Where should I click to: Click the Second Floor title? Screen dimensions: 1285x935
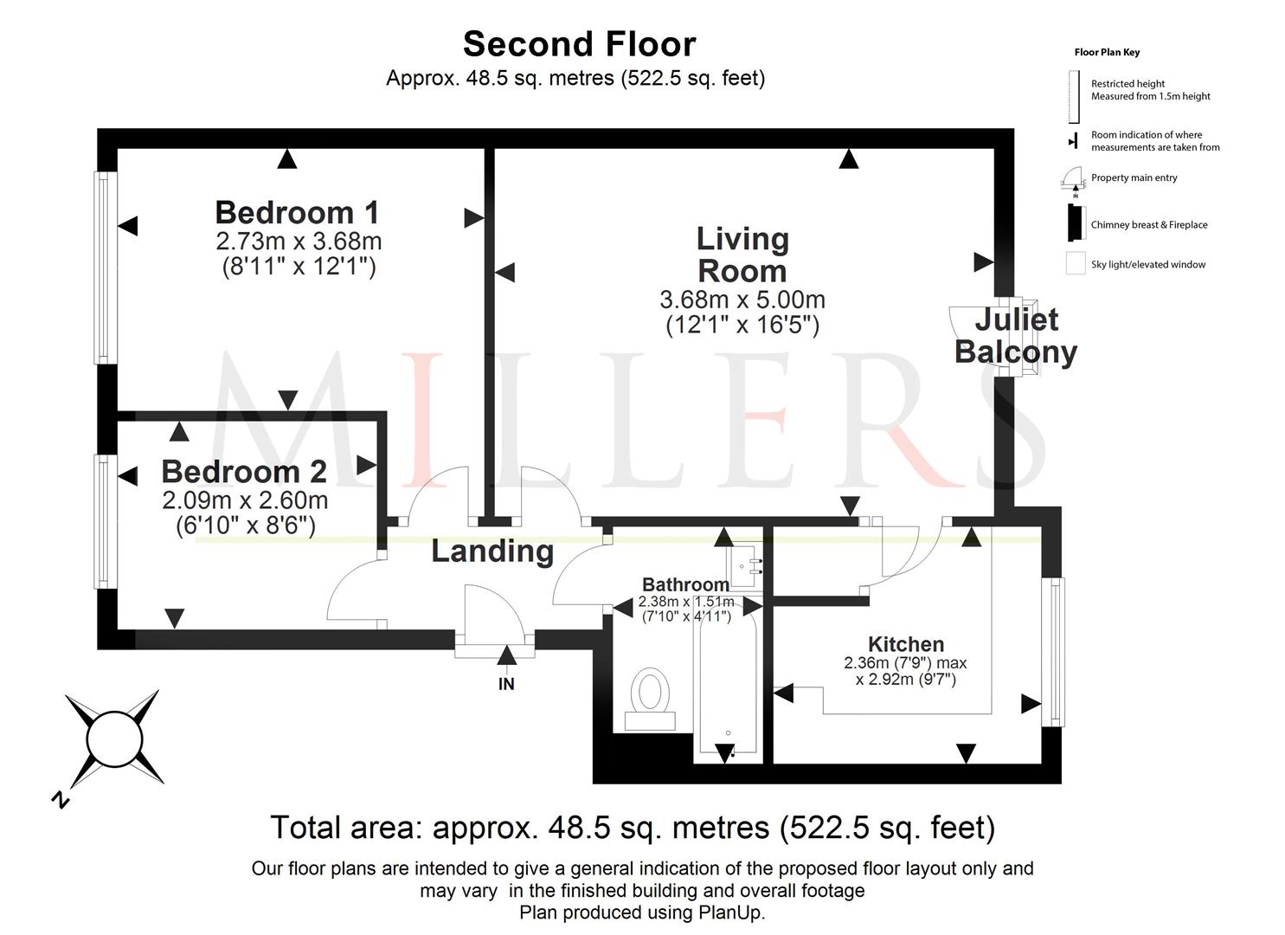click(580, 44)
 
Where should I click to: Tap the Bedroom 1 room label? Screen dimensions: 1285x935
click(297, 213)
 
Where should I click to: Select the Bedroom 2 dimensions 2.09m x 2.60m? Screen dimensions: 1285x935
click(245, 500)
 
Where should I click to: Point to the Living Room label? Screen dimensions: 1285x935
click(742, 255)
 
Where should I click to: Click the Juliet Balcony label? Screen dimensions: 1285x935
click(1016, 336)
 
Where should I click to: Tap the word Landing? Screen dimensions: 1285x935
click(492, 551)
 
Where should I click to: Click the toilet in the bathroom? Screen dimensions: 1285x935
click(650, 698)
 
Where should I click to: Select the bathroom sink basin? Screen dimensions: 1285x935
click(743, 566)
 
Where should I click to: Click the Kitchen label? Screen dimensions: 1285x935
click(906, 644)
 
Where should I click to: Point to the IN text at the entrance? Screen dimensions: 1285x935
click(506, 684)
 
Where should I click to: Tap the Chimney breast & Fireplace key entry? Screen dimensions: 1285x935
click(1149, 225)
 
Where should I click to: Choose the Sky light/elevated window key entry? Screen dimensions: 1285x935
click(1148, 265)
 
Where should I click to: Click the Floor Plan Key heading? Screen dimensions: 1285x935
click(1107, 52)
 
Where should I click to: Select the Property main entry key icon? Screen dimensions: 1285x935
click(1072, 180)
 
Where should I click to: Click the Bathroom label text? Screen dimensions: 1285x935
click(685, 584)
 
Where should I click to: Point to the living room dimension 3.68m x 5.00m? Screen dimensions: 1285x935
click(742, 300)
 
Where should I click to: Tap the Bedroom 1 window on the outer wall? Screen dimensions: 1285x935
click(106, 268)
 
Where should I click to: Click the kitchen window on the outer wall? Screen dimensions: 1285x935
click(1053, 651)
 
